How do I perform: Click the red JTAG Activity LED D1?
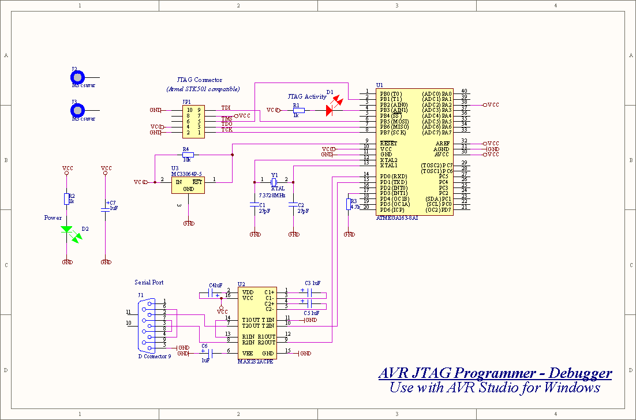[x=331, y=110]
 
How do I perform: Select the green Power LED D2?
[x=67, y=230]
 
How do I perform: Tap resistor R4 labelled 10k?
[x=188, y=155]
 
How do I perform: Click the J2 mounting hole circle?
[x=78, y=77]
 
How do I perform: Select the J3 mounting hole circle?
[x=78, y=110]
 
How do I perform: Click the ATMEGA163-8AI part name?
[x=397, y=218]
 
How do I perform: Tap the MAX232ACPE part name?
[x=255, y=361]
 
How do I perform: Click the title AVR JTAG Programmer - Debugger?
[x=495, y=373]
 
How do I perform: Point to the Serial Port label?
[x=149, y=282]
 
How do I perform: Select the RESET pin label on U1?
[x=388, y=143]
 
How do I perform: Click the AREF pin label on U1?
[x=442, y=143]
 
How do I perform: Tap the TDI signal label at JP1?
[x=226, y=108]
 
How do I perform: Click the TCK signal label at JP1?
[x=227, y=130]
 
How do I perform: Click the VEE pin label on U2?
[x=248, y=353]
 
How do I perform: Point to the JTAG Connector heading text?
[x=199, y=80]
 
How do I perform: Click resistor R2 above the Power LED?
[x=66, y=199]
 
